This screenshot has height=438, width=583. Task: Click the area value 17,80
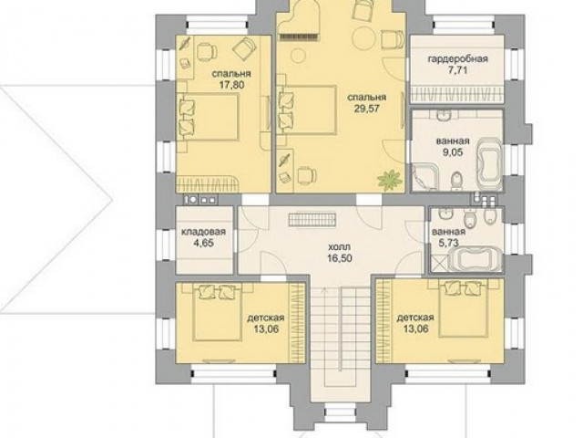pos(231,85)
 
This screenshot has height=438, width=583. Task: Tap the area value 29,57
pos(366,109)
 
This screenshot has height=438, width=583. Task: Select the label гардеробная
pos(457,59)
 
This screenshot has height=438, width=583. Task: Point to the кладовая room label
pos(203,232)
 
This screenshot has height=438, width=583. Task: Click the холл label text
pos(340,247)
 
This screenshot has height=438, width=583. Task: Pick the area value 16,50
pos(340,258)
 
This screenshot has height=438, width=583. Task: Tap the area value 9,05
pos(453,152)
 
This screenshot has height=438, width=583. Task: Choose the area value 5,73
pos(448,244)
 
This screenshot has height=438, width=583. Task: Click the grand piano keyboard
pos(299,36)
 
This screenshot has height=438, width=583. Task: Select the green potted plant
pos(390,179)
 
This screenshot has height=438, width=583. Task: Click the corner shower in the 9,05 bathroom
pos(424,178)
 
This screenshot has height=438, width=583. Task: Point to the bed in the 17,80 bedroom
pos(208,117)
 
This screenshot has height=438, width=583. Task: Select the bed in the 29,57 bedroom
pos(306,110)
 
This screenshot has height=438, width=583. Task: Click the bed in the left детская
pos(217,311)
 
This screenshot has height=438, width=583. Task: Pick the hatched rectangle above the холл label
pos(312,219)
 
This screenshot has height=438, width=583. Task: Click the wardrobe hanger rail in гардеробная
pos(457,95)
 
